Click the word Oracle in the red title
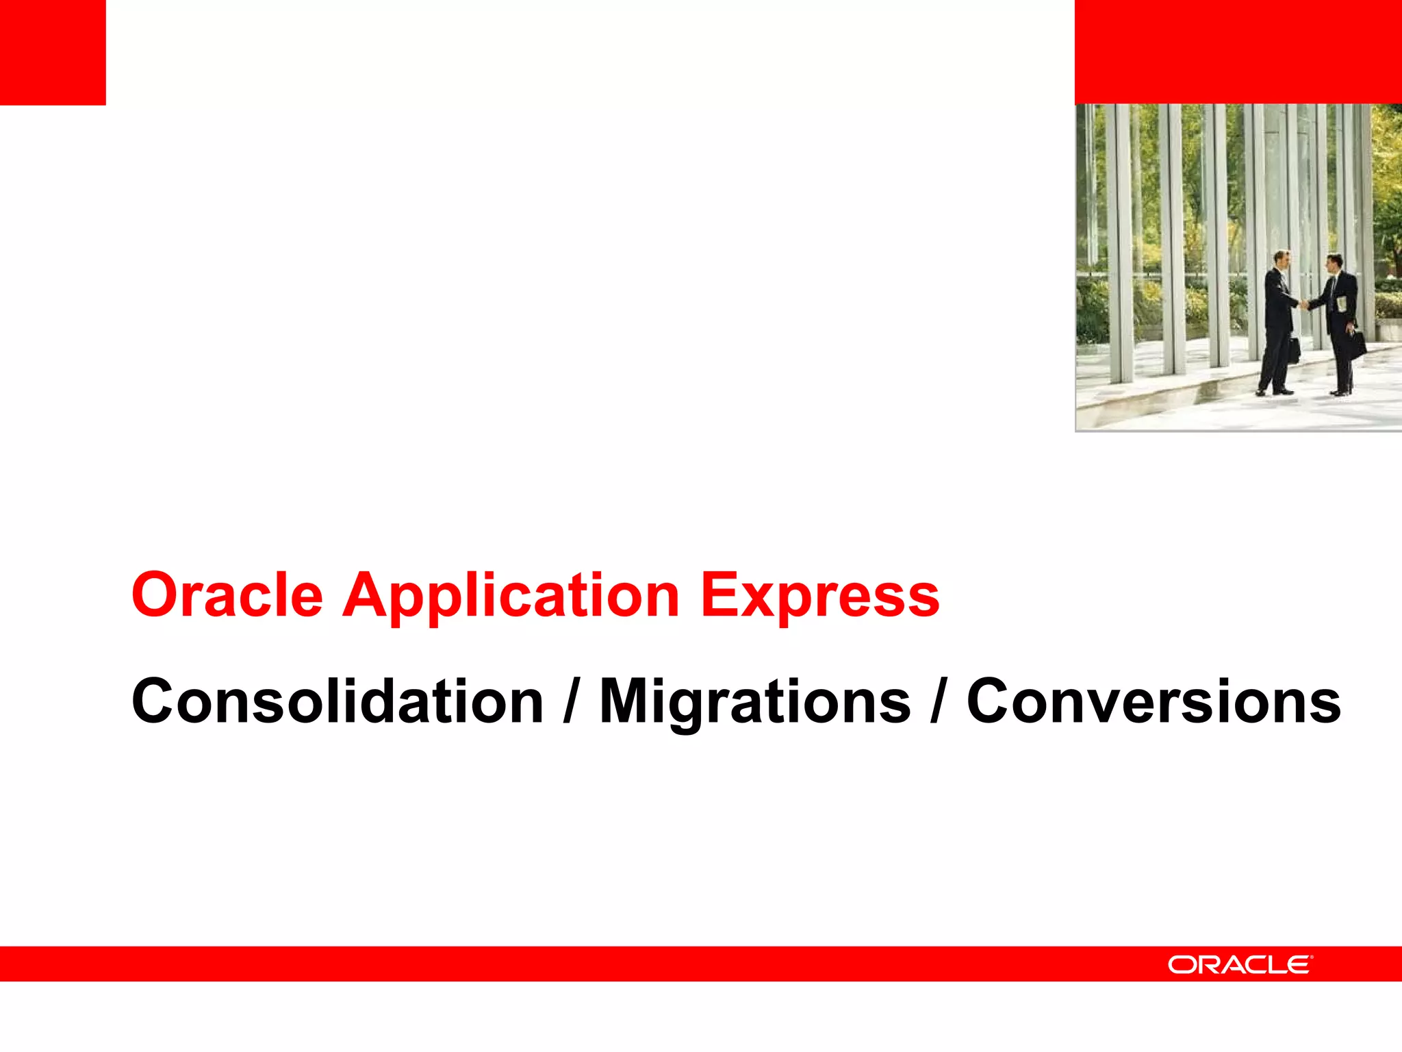pyautogui.click(x=227, y=595)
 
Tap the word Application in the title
pyautogui.click(x=511, y=595)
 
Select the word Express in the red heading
pyautogui.click(x=819, y=595)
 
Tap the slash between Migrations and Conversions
pyautogui.click(x=937, y=702)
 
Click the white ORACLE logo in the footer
pyautogui.click(x=1240, y=964)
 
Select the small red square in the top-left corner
pyautogui.click(x=53, y=52)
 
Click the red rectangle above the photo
pyautogui.click(x=1238, y=52)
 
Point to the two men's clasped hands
pyautogui.click(x=1305, y=303)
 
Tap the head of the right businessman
pyautogui.click(x=1334, y=262)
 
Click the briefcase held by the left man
pyautogui.click(x=1293, y=349)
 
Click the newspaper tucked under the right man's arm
pyautogui.click(x=1342, y=302)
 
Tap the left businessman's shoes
pyautogui.click(x=1273, y=392)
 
